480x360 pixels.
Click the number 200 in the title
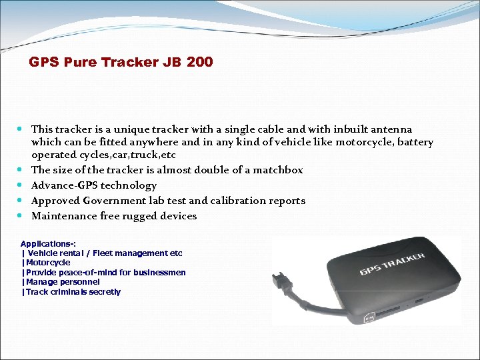pyautogui.click(x=200, y=62)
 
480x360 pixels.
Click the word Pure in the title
pyautogui.click(x=79, y=62)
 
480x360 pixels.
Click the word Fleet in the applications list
pyautogui.click(x=107, y=253)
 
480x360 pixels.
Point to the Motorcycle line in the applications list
pyautogui.click(x=47, y=263)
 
